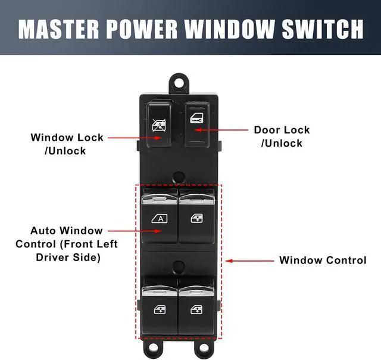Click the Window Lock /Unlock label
67,144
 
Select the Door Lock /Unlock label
282,136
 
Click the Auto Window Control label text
66,244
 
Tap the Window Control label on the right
323,260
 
